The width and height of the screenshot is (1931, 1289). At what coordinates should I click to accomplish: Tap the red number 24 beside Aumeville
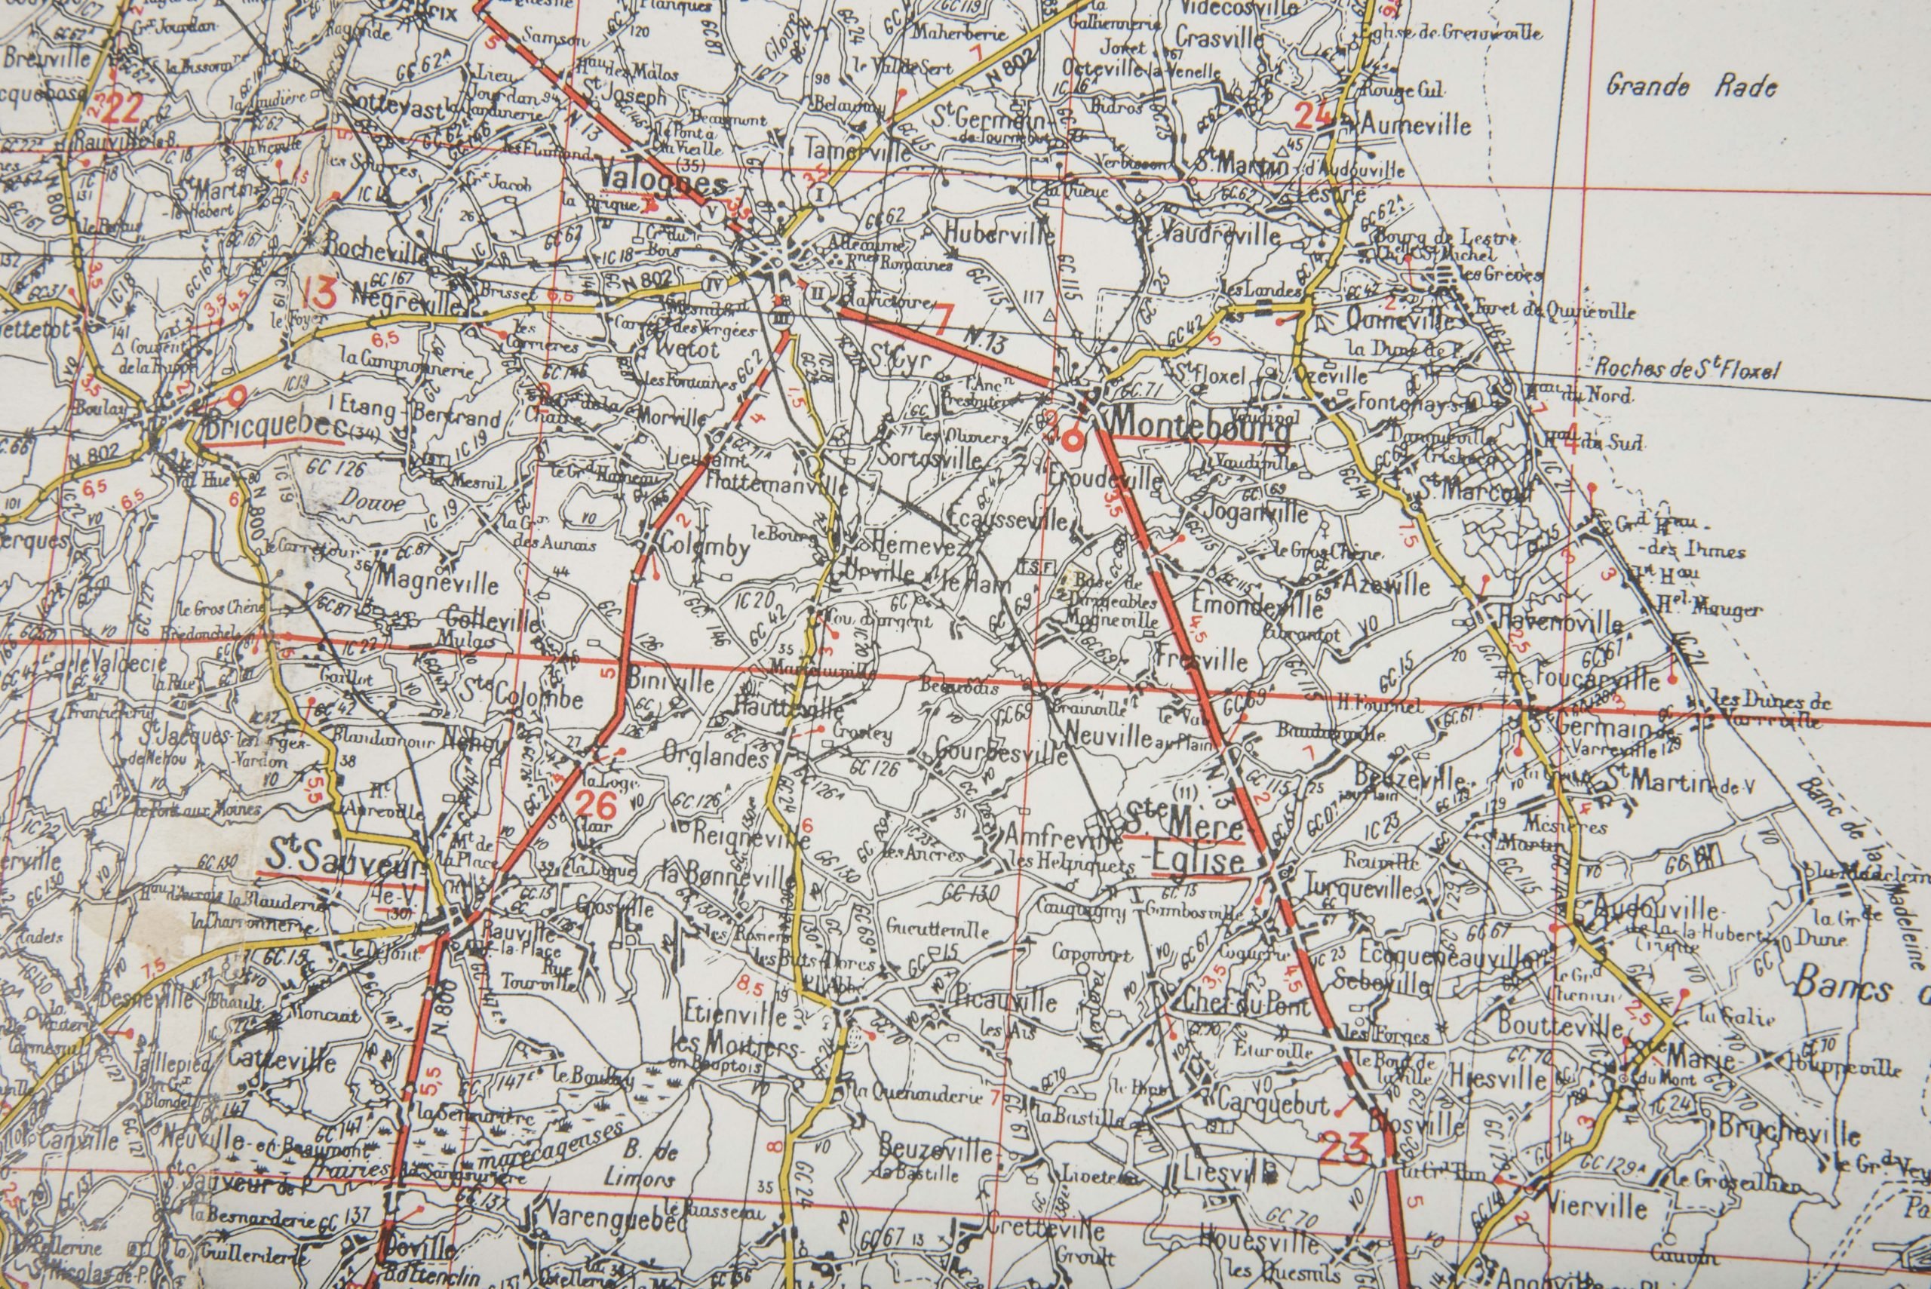tap(1312, 116)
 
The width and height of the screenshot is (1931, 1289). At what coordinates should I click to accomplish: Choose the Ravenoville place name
tap(1558, 622)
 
